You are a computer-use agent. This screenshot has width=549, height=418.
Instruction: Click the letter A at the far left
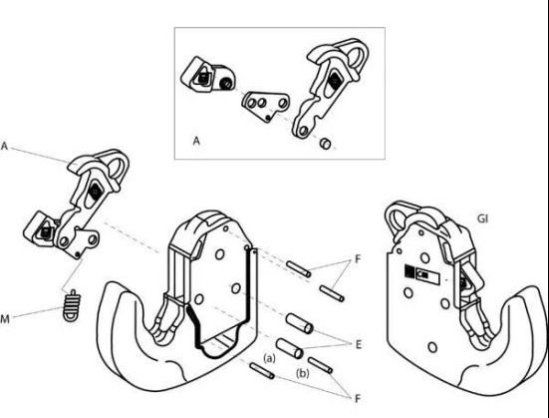(4, 146)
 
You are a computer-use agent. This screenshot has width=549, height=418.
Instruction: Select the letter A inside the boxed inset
(196, 141)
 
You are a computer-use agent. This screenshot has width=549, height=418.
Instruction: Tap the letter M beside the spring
(5, 319)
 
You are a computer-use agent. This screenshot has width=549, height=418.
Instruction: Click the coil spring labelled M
(72, 305)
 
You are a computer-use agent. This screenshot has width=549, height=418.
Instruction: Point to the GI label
(482, 218)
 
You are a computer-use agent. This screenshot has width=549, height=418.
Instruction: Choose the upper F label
(358, 259)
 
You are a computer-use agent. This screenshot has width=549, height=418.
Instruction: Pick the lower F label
(358, 398)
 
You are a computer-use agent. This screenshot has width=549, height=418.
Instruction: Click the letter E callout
(358, 345)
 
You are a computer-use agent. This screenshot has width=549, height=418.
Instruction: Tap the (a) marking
(269, 358)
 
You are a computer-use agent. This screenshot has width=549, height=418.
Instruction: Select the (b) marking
(303, 373)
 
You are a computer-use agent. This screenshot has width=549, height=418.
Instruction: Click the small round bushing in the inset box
(326, 144)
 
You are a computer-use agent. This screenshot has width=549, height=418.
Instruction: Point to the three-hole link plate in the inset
(266, 106)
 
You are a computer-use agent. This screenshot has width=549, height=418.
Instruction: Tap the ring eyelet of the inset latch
(358, 56)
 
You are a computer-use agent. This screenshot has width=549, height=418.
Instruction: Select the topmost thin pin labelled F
(298, 268)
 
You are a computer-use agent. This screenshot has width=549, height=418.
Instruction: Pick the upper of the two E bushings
(299, 323)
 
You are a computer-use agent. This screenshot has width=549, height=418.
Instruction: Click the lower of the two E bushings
(290, 348)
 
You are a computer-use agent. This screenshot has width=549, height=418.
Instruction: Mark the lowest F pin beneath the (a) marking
(261, 371)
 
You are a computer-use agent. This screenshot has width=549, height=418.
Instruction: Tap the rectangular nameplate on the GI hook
(421, 272)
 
